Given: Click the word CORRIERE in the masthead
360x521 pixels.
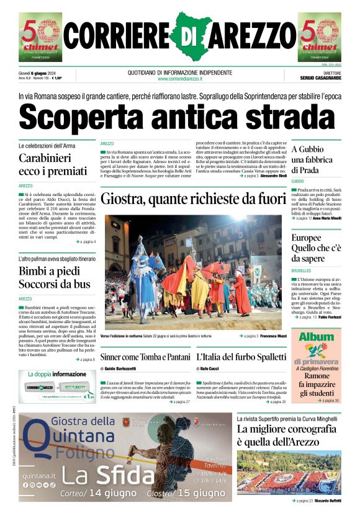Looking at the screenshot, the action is [117, 38].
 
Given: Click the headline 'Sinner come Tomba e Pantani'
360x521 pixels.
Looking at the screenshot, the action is [145, 357].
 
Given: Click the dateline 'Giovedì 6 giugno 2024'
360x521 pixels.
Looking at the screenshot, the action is [37, 73].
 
